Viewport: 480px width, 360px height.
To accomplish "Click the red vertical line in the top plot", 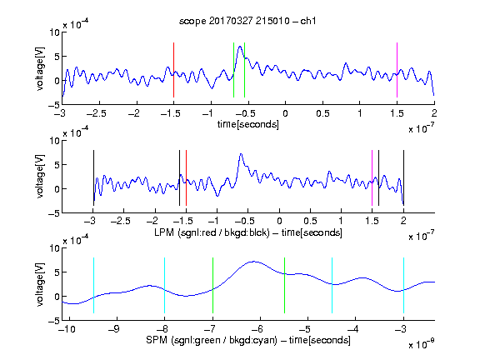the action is pos(173,70).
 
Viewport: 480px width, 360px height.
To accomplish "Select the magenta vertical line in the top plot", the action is pos(397,70).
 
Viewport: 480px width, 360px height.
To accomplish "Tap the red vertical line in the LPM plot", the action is pos(186,177).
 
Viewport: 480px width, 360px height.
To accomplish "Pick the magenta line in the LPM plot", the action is pos(372,177).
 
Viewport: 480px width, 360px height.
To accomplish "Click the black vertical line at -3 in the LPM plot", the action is pos(93,177).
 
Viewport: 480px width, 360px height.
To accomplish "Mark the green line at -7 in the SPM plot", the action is pos(212,285).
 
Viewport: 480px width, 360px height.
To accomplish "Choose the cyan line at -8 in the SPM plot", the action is pos(165,285).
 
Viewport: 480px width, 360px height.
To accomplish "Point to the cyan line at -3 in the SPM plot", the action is pos(404,285).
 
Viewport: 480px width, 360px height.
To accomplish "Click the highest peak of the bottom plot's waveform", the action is pos(254,262).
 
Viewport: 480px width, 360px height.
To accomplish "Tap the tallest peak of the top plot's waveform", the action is pos(240,47).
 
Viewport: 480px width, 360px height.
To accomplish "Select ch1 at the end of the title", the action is pos(308,21).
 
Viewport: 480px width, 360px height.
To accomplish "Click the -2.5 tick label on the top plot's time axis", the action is pos(96,114).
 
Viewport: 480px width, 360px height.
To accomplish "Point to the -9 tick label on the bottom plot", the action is pos(114,329).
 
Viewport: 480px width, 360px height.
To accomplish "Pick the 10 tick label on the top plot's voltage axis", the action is pos(55,32).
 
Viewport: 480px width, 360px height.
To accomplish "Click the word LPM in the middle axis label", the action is pos(164,232).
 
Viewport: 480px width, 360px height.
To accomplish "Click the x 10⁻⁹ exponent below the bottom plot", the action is pos(422,344).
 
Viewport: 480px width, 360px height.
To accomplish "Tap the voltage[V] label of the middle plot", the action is pos(40,177).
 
